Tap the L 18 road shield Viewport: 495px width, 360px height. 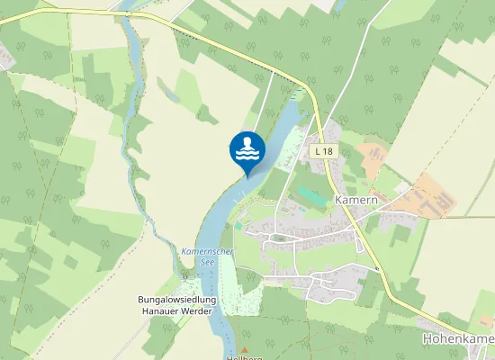(325, 152)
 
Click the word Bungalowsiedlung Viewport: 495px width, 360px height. (176, 299)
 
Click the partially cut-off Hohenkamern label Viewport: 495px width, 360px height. (457, 339)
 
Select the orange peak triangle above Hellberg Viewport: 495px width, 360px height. (243, 351)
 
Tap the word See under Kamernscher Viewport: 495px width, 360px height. (206, 262)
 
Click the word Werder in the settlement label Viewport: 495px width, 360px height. (194, 311)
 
